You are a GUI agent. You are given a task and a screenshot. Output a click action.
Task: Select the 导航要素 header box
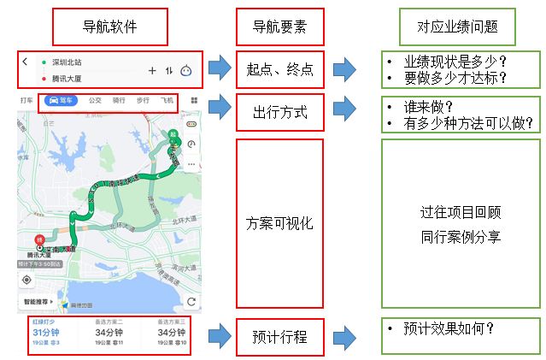pyautogui.click(x=280, y=28)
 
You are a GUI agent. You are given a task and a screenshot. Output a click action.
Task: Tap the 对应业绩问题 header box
pyautogui.click(x=458, y=28)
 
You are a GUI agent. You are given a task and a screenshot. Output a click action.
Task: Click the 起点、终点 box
pyautogui.click(x=280, y=70)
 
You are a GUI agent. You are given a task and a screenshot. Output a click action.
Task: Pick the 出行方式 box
pyautogui.click(x=280, y=112)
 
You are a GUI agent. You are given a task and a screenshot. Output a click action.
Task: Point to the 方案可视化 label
pyautogui.click(x=280, y=223)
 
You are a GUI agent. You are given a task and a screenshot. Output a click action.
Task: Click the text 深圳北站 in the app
pyautogui.click(x=68, y=62)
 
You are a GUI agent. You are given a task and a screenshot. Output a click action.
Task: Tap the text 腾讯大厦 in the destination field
pyautogui.click(x=68, y=78)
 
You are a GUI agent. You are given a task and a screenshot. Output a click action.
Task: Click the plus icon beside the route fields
pyautogui.click(x=152, y=71)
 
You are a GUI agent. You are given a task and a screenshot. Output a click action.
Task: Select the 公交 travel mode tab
pyautogui.click(x=96, y=101)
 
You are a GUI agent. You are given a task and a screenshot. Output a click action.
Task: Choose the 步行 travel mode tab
pyautogui.click(x=142, y=101)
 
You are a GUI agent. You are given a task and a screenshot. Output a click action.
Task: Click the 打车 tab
pyautogui.click(x=27, y=101)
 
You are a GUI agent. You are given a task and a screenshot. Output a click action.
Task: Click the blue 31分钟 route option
pyautogui.click(x=45, y=333)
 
